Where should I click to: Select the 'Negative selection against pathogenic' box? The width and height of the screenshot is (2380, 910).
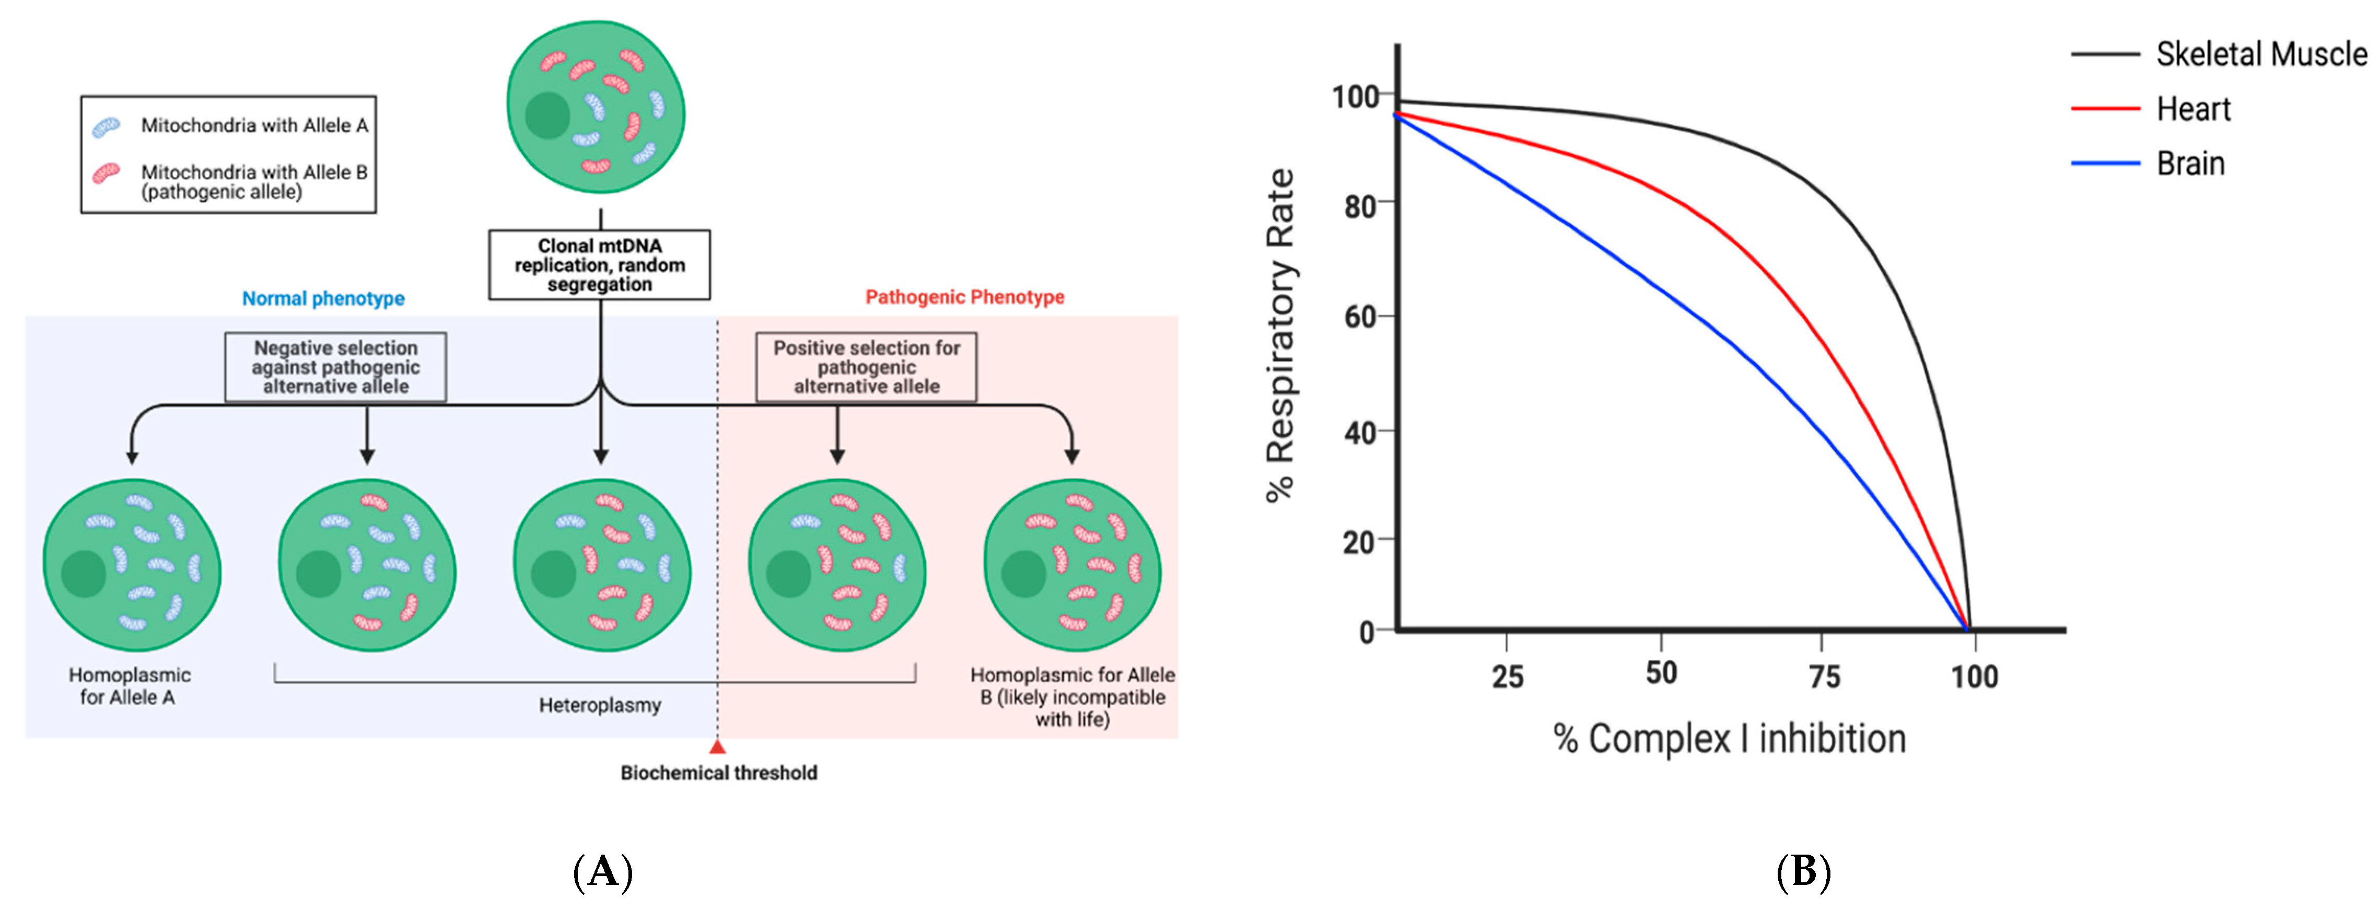pos(335,367)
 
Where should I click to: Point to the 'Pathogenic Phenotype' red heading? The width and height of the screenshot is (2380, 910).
pos(964,297)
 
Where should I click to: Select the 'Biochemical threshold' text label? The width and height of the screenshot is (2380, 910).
pos(718,772)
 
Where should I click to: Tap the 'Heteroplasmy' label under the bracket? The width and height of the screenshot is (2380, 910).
pos(600,705)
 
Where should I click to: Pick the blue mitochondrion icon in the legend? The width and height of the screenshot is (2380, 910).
pos(106,126)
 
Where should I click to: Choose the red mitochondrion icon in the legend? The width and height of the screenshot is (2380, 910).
pos(106,173)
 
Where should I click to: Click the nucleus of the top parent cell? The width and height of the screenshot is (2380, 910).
pos(547,115)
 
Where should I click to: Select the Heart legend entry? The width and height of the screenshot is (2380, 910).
pos(2192,109)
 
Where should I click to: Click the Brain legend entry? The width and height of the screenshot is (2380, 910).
pos(2190,164)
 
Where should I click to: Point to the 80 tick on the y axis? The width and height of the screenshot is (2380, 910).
pos(1361,205)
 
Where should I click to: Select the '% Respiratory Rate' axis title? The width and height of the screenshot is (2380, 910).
pos(1280,334)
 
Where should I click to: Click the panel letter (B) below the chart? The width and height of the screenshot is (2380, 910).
pos(1803,871)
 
